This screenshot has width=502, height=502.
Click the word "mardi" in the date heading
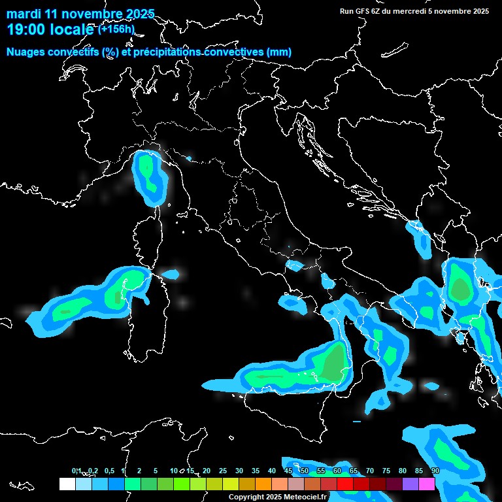point(23,14)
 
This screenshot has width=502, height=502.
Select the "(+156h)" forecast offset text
point(117,29)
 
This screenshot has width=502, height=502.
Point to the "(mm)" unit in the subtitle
point(278,52)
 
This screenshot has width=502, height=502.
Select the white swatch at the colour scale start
point(67,484)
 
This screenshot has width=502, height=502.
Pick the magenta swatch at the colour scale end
point(427,484)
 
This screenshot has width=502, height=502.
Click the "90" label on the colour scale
point(435,471)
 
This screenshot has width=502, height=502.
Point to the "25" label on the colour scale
point(223,471)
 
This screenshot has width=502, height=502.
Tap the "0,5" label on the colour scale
point(109,471)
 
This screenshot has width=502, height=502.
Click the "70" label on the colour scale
point(370,471)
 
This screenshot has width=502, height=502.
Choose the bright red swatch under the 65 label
point(345,484)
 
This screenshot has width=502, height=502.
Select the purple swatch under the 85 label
point(410,484)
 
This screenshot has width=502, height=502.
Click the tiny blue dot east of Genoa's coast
point(189,158)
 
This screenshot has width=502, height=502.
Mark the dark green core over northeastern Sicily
point(335,363)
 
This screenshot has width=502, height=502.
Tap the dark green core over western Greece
point(460,288)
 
